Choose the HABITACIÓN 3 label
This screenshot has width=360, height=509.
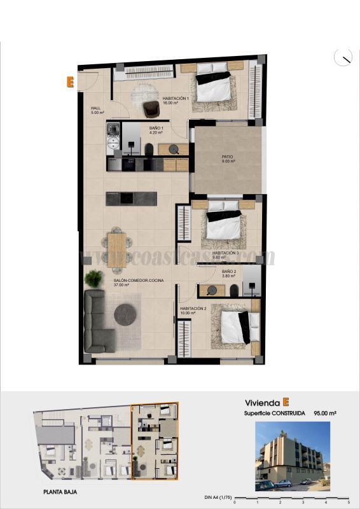pos(225,254)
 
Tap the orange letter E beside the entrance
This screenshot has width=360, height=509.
pos(70,81)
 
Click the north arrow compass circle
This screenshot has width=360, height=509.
pos(343,57)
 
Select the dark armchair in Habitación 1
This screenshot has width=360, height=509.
pos(151,109)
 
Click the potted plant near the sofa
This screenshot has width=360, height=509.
pos(94,278)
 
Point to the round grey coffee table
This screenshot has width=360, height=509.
pos(125,314)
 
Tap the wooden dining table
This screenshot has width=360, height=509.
pos(117,244)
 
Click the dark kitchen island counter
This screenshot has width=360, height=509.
pos(131,199)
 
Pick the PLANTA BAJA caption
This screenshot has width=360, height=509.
pos(61,492)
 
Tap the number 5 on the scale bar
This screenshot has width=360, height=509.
pos(349,503)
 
